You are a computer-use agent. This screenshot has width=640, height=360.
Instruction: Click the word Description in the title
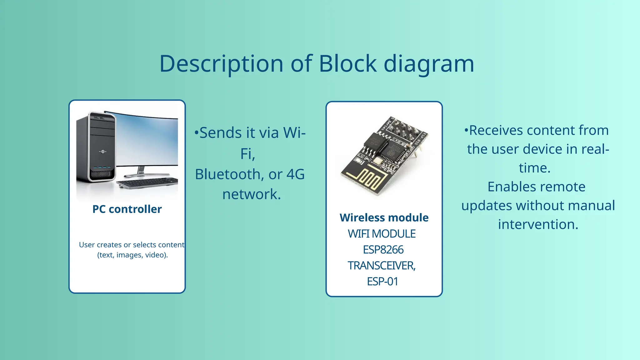tap(221, 64)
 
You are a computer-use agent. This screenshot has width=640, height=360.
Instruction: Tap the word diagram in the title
tap(429, 64)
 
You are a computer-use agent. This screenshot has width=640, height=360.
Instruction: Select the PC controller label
tap(127, 209)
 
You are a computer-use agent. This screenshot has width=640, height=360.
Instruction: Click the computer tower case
tap(95, 147)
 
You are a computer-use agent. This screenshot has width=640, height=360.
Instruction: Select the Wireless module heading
tap(384, 217)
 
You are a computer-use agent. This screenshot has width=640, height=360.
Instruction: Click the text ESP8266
tap(383, 250)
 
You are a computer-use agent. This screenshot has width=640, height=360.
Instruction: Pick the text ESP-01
tap(382, 282)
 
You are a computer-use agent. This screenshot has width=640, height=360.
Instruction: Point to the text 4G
tap(295, 174)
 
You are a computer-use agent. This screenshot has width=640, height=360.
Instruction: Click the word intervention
tap(538, 224)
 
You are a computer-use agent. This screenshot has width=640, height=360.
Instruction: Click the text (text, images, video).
tap(132, 255)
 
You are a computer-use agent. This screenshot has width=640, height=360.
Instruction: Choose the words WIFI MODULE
tap(382, 234)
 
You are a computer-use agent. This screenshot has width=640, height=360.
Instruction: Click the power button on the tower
tap(103, 152)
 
